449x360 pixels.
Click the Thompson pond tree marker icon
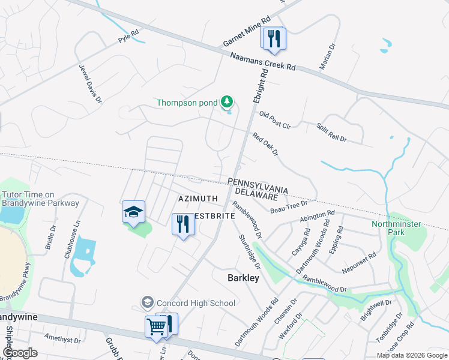point(227,103)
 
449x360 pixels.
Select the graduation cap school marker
point(133,212)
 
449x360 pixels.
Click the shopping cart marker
point(156,328)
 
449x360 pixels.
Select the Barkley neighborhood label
point(243,278)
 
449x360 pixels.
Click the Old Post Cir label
point(275,120)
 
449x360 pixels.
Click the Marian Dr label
point(327,56)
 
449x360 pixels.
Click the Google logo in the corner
point(20,352)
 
